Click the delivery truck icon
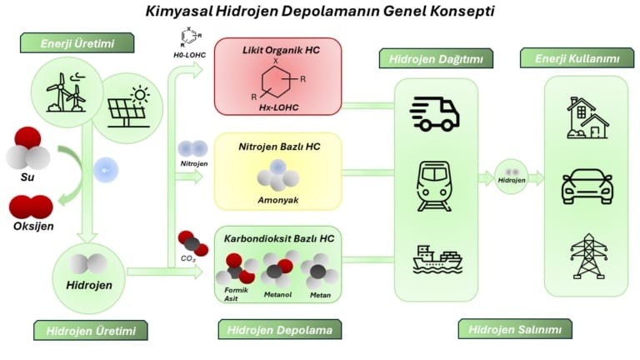click(436, 113)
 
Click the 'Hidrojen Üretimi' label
click(91, 331)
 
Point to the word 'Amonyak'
click(277, 200)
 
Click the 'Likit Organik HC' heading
click(277, 51)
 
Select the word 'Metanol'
click(278, 292)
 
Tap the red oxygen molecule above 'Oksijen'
click(31, 207)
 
